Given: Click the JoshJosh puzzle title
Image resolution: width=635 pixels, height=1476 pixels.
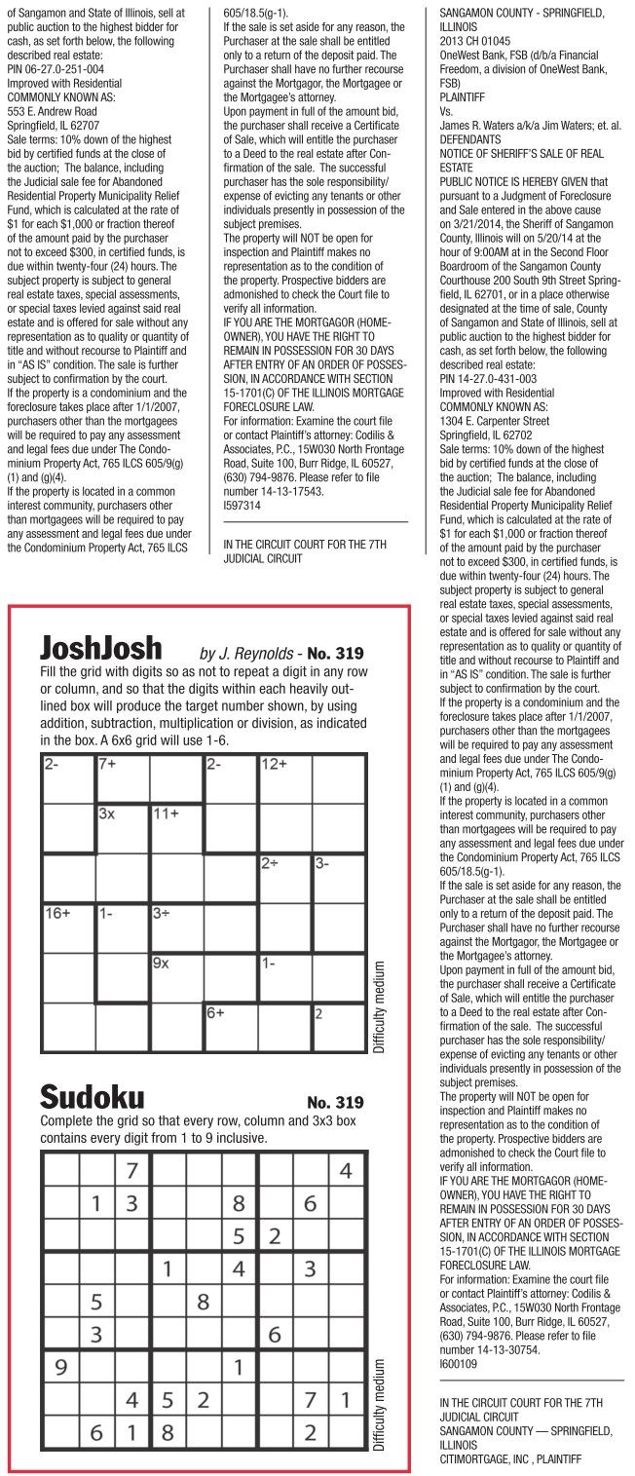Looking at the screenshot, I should [101, 649].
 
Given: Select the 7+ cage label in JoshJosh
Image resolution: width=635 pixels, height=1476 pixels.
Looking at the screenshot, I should [107, 765].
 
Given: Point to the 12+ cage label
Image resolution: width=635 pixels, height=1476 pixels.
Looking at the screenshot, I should [273, 765].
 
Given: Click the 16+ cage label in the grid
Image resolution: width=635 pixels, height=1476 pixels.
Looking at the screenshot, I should [56, 913].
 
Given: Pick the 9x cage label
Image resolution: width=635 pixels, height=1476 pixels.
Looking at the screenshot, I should [161, 963].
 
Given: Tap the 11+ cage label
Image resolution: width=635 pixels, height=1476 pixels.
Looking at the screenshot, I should [166, 813].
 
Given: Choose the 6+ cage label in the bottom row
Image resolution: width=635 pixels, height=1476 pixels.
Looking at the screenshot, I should [214, 1012].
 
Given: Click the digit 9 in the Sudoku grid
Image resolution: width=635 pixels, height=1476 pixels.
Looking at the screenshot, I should [60, 1367].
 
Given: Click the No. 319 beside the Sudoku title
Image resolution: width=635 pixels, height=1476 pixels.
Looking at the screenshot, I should [335, 1103].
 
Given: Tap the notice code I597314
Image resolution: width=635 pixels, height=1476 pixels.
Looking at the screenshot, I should [242, 507].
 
